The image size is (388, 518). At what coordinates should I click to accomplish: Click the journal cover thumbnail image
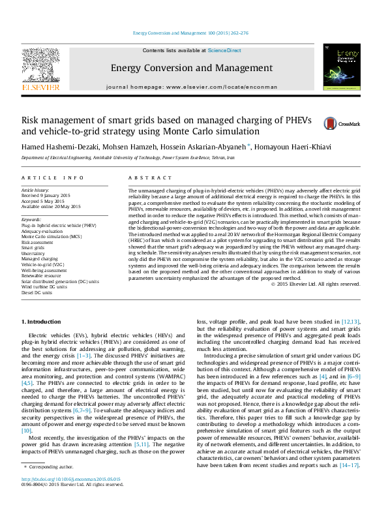342,68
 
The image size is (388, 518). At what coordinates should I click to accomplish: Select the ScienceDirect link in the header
224,50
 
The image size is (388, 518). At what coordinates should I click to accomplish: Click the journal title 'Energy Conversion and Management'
192,68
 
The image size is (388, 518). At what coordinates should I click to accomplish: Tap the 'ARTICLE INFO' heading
53,177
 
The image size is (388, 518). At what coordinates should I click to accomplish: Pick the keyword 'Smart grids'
34,248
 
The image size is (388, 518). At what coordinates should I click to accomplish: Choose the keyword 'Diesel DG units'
38,293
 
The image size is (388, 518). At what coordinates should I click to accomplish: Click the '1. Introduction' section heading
42,322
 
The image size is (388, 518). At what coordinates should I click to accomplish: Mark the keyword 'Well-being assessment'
44,270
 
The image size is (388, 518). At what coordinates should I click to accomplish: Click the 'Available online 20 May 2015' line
52,206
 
